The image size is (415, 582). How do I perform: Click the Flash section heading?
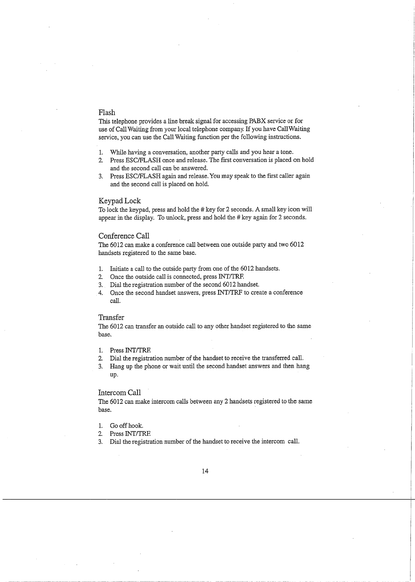coord(107,112)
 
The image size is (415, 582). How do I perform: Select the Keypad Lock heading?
coord(120,201)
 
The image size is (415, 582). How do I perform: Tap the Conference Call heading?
coord(124,236)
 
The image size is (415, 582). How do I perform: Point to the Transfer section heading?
coord(111,318)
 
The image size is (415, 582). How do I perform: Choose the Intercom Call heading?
coord(120,393)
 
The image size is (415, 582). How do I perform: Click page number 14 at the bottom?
coord(205,471)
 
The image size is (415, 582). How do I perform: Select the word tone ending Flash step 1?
coord(287,152)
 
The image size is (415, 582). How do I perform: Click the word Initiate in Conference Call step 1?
coord(119,269)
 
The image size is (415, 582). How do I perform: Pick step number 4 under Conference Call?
coord(100,293)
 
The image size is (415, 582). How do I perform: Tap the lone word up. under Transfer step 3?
coord(114,375)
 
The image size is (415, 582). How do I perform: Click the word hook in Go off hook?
coord(135,426)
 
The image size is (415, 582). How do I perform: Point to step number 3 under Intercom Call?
coord(100,442)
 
